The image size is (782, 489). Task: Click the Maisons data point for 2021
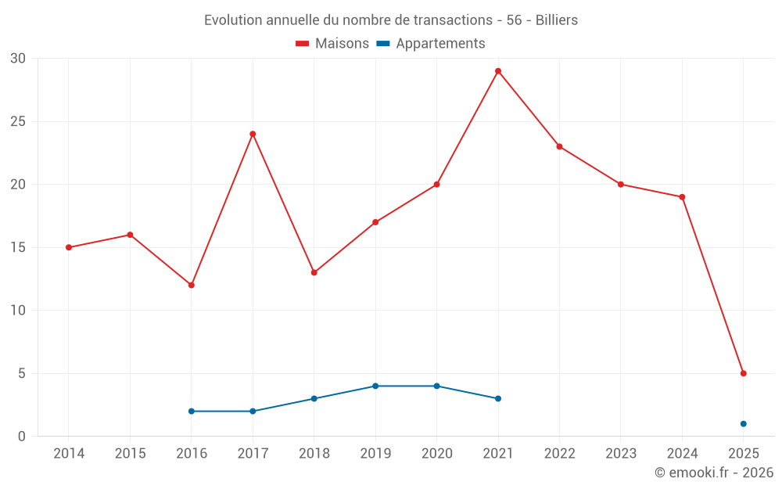click(498, 71)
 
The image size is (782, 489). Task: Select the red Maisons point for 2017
click(253, 134)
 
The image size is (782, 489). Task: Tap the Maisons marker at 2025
click(743, 373)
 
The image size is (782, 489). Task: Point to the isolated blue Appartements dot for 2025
click(743, 424)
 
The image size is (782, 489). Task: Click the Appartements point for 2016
click(192, 411)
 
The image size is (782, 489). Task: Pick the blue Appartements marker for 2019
click(375, 386)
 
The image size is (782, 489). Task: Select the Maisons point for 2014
click(69, 247)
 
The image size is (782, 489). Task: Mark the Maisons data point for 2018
click(314, 272)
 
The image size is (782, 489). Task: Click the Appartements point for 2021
click(498, 398)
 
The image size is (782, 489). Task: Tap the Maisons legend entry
click(332, 44)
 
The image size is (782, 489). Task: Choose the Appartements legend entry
click(431, 44)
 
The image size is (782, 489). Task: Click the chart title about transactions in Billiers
click(391, 20)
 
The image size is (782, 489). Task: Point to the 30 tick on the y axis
click(18, 59)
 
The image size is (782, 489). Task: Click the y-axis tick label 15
click(18, 247)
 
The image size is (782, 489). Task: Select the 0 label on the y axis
click(22, 437)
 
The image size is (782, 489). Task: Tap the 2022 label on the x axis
click(559, 454)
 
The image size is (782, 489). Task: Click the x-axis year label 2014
click(69, 454)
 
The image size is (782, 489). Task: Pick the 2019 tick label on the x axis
click(375, 454)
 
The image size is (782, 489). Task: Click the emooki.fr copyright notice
click(713, 473)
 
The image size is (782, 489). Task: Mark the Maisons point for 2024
click(682, 197)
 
